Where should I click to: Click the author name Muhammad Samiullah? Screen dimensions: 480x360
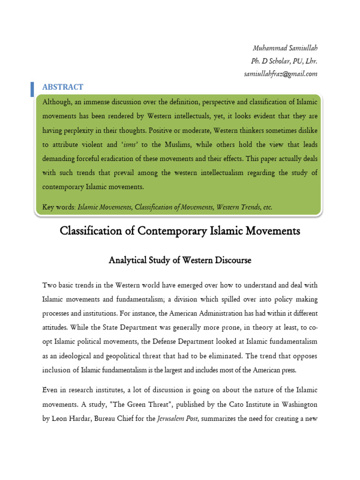coord(285,48)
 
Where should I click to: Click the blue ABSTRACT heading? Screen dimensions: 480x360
coord(63,87)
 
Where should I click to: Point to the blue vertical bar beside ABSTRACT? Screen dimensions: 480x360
coord(32,89)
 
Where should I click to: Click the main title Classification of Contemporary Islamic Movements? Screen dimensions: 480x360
coord(180,231)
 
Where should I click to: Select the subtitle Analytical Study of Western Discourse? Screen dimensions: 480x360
coord(180,260)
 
